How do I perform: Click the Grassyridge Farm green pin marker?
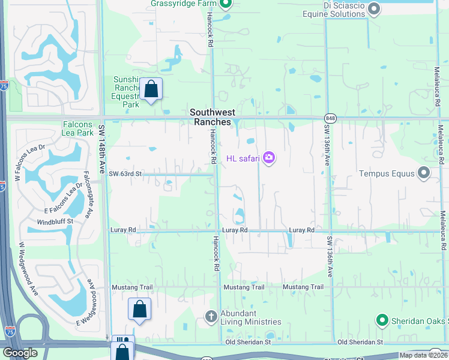point(226,5)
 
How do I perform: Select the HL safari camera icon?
point(268,158)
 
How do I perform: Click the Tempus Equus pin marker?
point(424,173)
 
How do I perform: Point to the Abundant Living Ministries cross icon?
point(211,316)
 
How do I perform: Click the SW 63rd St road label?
point(125,174)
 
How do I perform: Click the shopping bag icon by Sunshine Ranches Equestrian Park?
point(151,89)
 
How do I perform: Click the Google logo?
point(20,353)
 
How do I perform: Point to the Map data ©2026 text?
point(423,355)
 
